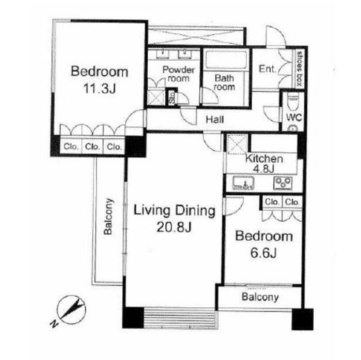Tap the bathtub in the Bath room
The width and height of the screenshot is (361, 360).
226,59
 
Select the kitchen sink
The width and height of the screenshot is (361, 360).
243,183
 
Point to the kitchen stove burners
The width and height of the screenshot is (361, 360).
283,183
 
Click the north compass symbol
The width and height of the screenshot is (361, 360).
72,310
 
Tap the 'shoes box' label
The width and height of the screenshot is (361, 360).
299,69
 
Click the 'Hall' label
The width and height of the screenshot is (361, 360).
215,120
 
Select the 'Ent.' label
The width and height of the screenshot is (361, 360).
267,69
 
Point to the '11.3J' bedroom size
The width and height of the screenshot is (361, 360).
99,88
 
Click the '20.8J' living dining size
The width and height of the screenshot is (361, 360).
174,227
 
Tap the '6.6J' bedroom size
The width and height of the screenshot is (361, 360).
263,253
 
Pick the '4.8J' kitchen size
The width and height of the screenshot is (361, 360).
264,168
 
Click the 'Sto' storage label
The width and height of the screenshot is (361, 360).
172,98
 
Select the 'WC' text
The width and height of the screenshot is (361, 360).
294,117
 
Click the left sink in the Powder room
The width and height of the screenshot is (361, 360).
162,54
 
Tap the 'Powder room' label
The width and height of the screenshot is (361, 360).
178,74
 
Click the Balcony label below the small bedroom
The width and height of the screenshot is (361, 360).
260,297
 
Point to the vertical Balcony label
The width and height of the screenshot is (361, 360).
108,217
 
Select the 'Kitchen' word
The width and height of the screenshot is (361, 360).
264,158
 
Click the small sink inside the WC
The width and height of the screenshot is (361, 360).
292,128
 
